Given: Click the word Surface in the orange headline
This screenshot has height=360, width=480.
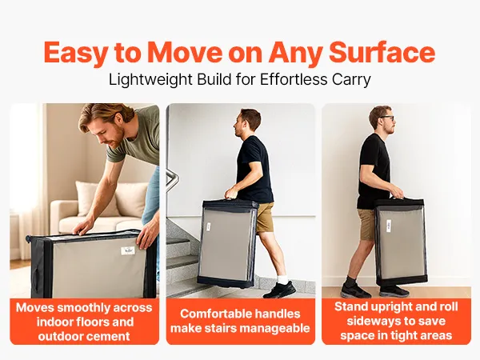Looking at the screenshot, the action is click(382, 52).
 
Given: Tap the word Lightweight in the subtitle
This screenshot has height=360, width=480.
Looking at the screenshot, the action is click(150, 79).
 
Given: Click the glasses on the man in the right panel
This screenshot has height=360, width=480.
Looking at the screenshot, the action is click(387, 118).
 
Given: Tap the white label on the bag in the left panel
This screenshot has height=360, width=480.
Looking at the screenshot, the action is click(128, 250).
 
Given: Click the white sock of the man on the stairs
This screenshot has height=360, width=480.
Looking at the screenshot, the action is click(282, 279).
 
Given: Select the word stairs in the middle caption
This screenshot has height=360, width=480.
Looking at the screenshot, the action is click(222, 328).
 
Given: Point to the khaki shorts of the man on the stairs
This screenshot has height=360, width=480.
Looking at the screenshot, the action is click(264, 217).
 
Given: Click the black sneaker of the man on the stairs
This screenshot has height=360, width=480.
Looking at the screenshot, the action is click(279, 290).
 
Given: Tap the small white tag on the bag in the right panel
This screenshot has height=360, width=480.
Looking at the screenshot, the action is click(389, 226).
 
